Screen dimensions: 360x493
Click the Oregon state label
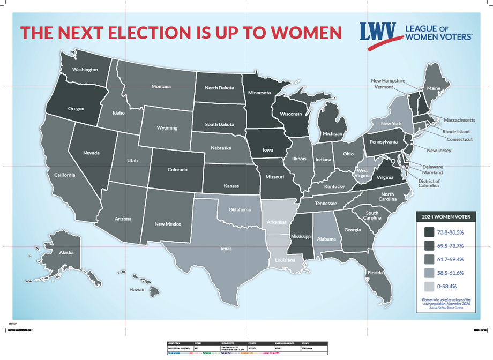(76, 109)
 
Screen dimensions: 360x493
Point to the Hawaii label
(137, 289)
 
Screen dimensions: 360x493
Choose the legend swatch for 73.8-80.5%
(429, 232)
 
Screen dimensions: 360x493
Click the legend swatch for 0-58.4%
(429, 287)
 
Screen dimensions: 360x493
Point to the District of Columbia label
(429, 184)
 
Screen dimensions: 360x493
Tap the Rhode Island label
(455, 131)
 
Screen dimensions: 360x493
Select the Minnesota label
(259, 93)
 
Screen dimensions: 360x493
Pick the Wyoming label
(167, 128)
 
